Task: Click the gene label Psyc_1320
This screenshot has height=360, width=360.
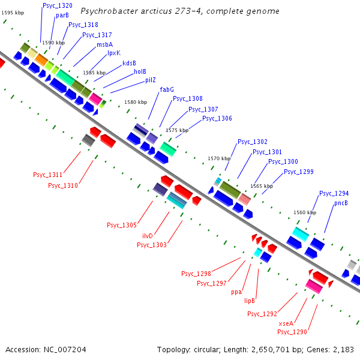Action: tap(57, 5)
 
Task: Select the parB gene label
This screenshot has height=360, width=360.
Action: tap(62, 15)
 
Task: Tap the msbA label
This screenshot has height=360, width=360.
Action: tap(104, 44)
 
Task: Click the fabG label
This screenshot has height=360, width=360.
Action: tap(167, 89)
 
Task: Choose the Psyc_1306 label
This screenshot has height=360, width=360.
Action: tap(217, 118)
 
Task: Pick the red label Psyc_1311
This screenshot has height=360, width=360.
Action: tap(47, 175)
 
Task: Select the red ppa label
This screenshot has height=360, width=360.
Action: tap(236, 292)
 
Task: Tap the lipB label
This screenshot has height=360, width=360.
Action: tap(250, 301)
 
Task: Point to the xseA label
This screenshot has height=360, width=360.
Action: tap(286, 323)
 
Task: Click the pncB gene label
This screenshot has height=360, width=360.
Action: tap(341, 203)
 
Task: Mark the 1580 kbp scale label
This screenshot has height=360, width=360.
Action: tap(135, 102)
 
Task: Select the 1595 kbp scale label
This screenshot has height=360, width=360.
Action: tap(12, 12)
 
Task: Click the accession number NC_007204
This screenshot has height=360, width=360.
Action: tap(65, 349)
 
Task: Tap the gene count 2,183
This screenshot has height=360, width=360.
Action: tap(342, 349)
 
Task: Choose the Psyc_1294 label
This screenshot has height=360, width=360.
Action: tap(334, 193)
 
